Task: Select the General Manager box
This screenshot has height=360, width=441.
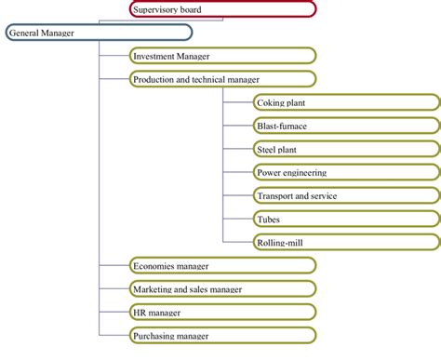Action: click(98, 33)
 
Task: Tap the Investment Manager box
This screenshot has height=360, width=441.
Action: click(222, 56)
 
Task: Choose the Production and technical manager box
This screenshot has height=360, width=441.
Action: click(222, 79)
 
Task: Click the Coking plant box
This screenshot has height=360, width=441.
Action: click(346, 102)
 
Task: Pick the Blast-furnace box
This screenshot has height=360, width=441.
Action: click(346, 126)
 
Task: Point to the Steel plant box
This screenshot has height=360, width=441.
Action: click(346, 149)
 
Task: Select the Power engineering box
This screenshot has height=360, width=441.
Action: click(346, 172)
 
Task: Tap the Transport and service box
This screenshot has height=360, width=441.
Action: click(346, 195)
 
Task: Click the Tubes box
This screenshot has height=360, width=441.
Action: click(346, 219)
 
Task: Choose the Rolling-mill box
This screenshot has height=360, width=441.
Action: click(346, 242)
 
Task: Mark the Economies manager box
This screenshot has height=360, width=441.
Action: click(222, 265)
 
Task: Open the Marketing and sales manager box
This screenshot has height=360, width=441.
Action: click(222, 288)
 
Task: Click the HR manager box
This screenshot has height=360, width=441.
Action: click(222, 312)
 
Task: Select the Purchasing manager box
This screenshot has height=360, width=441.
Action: click(222, 335)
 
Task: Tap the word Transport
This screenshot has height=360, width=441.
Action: click(276, 196)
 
